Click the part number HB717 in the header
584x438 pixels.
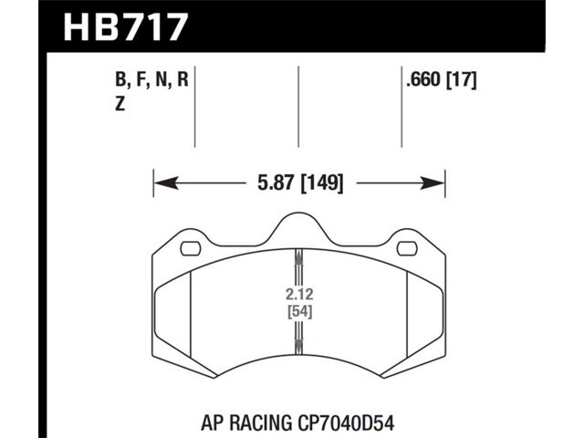coord(124,27)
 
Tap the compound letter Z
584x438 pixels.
coord(120,105)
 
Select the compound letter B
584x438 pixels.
coord(120,80)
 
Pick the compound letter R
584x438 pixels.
coord(182,79)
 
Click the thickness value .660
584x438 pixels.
coord(424,79)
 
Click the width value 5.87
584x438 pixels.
coord(276,183)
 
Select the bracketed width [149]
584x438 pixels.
coord(322,183)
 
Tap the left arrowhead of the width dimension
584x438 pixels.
coord(166,183)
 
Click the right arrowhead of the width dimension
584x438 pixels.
coord(433,183)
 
